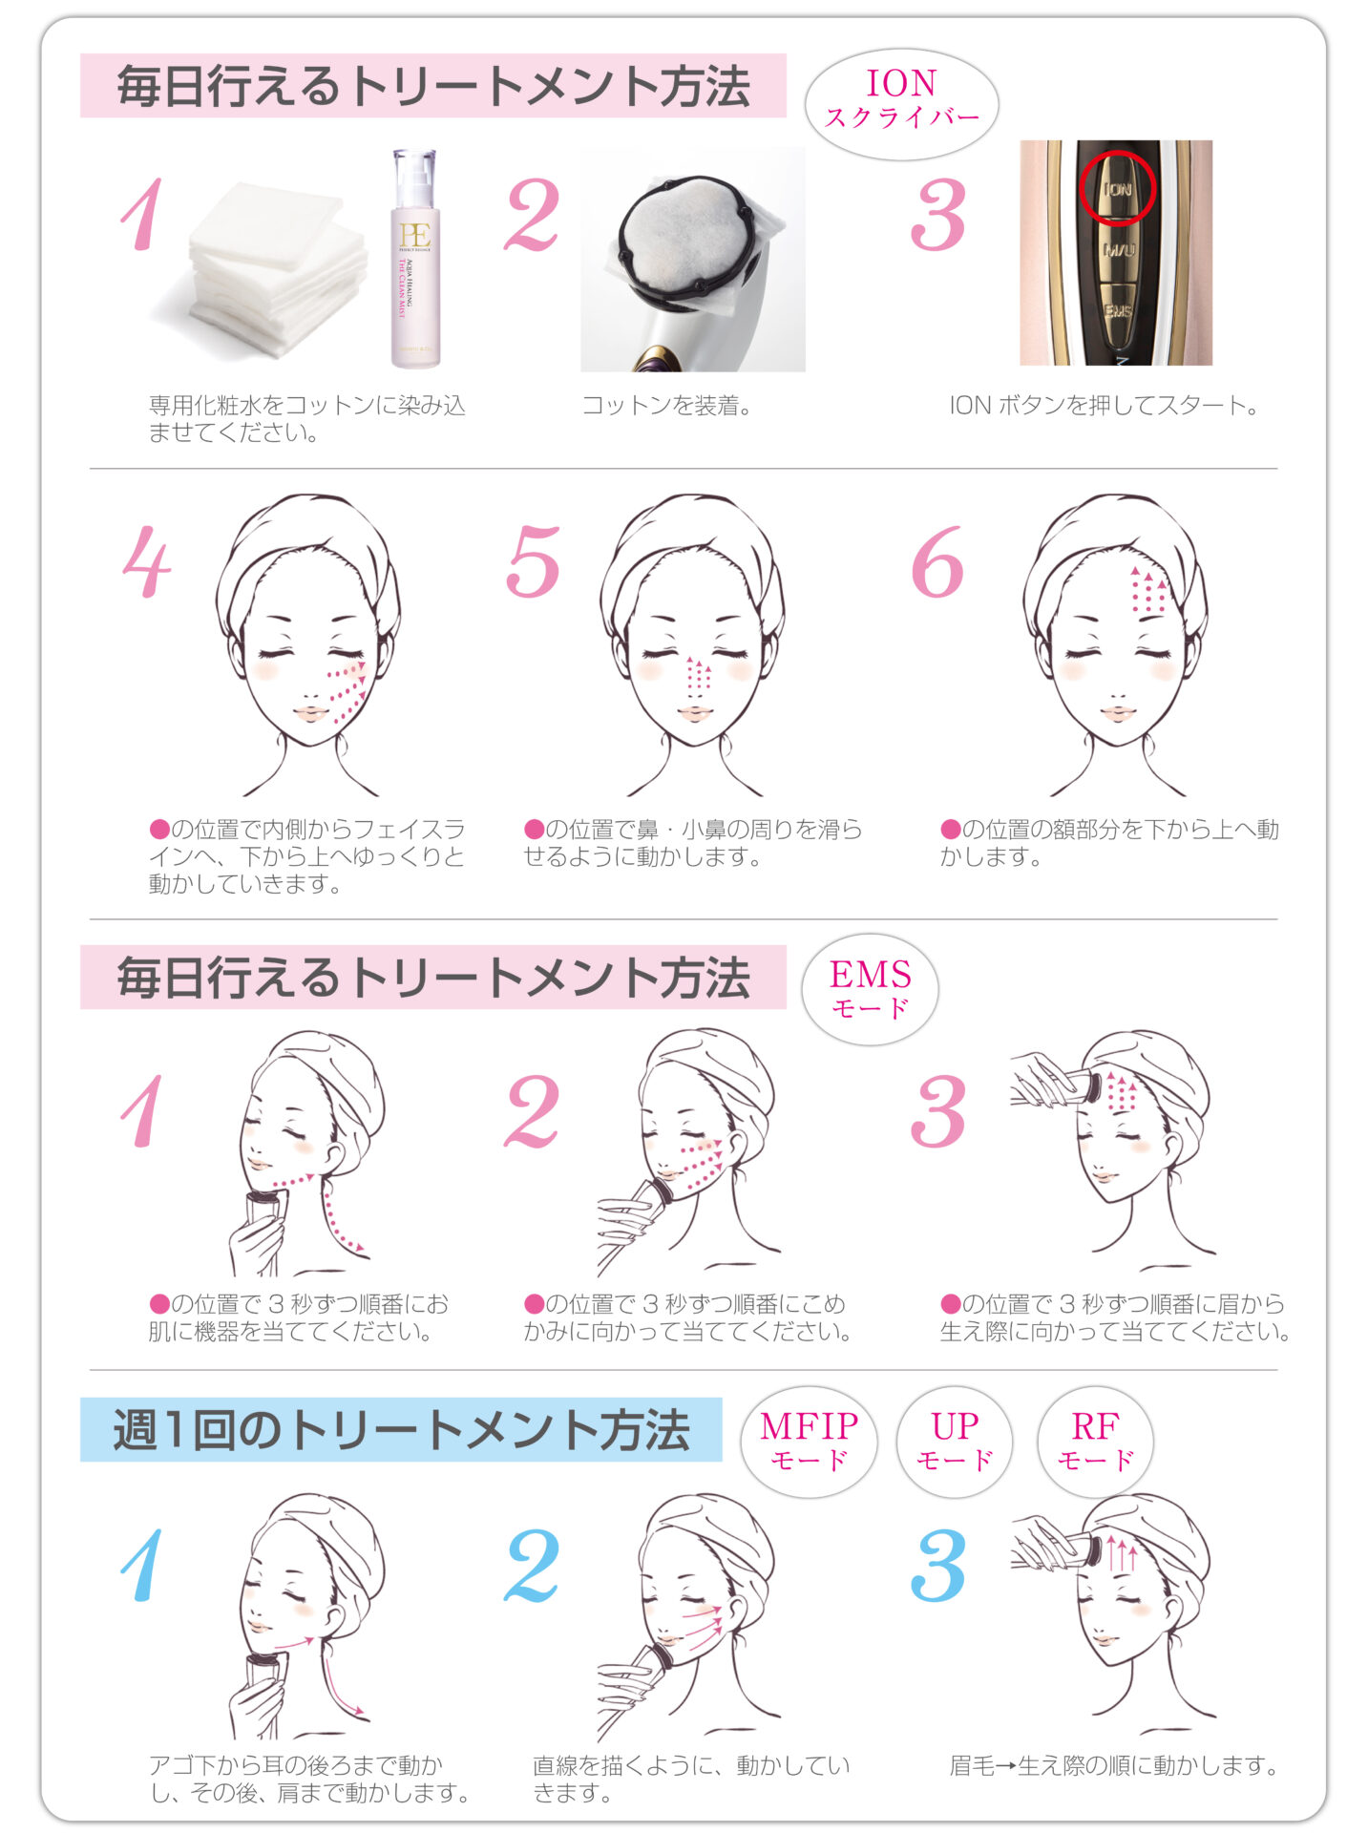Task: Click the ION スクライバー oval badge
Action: [901, 103]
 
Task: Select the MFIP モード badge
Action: [809, 1442]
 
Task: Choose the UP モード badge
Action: [955, 1442]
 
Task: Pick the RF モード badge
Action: [1095, 1442]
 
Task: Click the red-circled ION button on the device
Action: [1117, 188]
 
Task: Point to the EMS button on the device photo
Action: [1118, 312]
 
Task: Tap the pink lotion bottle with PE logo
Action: [415, 258]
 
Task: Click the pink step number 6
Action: [937, 562]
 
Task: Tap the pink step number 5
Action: [533, 562]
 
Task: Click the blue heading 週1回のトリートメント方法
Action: [401, 1430]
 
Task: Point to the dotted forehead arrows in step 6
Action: [1148, 590]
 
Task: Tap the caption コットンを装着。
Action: [667, 406]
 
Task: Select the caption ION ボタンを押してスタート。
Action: [1104, 406]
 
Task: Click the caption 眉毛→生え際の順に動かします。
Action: [1113, 1766]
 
